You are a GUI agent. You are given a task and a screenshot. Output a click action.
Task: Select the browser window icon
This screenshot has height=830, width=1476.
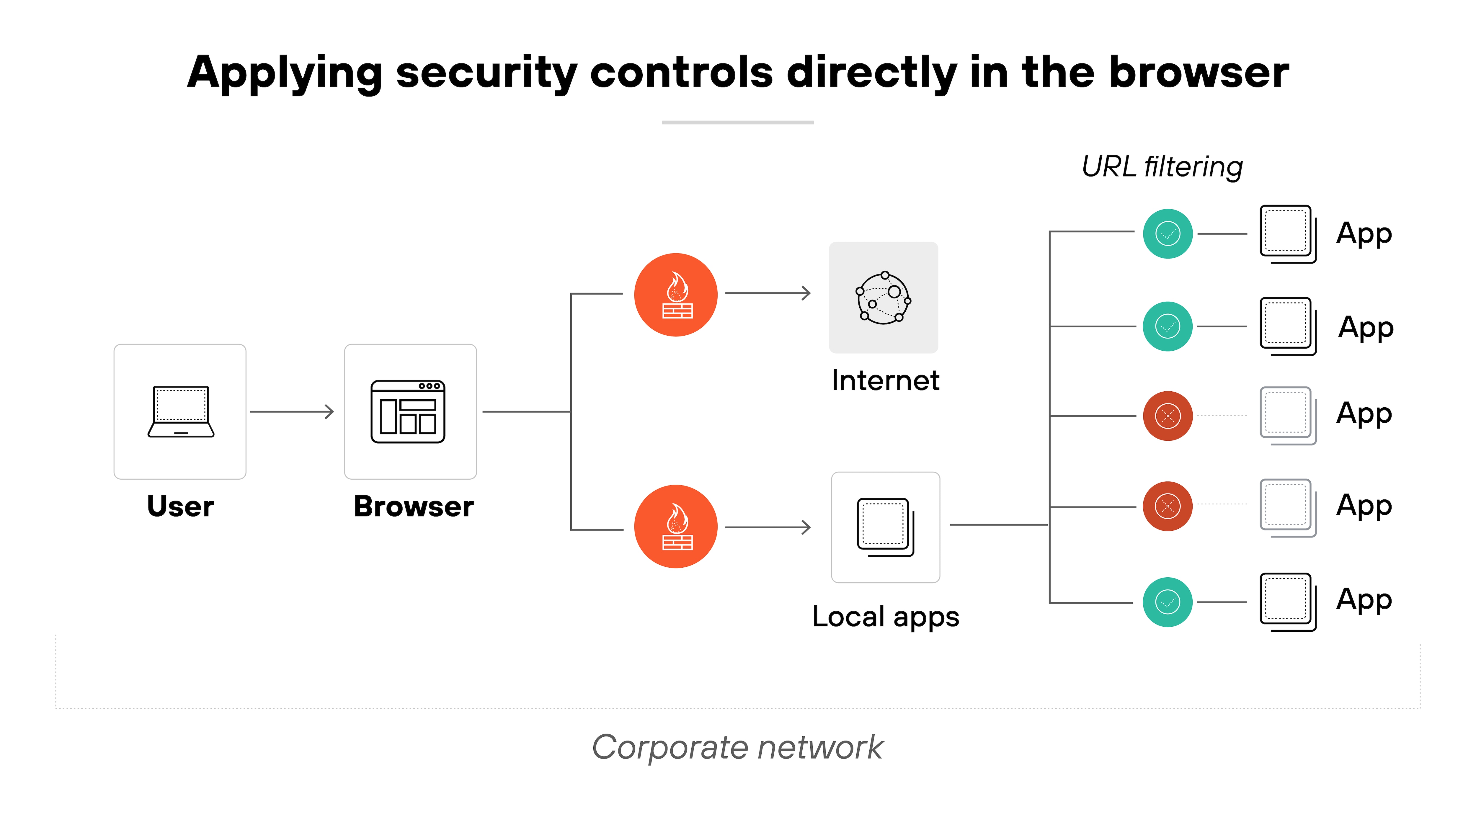pos(408,411)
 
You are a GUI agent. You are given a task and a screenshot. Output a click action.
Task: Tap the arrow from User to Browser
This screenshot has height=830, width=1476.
pos(292,411)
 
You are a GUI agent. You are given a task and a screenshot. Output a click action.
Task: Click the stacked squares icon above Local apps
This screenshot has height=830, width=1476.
pos(885,527)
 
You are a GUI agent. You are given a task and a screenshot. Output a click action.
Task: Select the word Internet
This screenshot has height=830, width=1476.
pos(885,380)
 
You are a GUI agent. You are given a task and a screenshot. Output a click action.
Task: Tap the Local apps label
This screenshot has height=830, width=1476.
pos(885,617)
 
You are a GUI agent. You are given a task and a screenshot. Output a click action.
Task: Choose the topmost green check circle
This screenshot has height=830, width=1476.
pos(1167,234)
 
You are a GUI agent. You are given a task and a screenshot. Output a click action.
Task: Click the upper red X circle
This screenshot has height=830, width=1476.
pos(1167,416)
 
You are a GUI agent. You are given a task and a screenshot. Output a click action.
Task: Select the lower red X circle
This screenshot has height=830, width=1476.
pos(1167,506)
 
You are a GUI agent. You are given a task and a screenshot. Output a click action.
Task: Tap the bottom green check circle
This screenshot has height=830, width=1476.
pos(1167,602)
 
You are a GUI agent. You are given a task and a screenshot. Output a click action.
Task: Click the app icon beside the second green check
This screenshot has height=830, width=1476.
pos(1287,326)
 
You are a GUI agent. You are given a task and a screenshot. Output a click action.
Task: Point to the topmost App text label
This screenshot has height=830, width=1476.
pos(1364,234)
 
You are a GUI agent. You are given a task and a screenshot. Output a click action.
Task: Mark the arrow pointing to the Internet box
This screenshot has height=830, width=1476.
pos(768,293)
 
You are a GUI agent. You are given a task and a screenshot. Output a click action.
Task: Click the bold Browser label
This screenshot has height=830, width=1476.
pos(413,507)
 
